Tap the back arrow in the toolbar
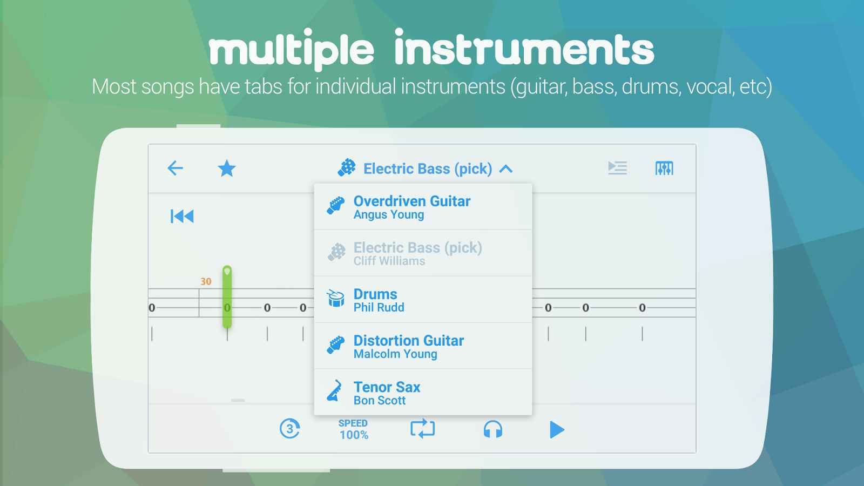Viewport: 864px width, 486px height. pyautogui.click(x=175, y=168)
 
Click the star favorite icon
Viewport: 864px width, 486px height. pyautogui.click(x=227, y=168)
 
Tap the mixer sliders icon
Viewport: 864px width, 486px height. pyautogui.click(x=664, y=168)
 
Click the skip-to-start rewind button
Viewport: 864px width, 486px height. pyautogui.click(x=182, y=216)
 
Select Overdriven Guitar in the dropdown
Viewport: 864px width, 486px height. pyautogui.click(x=412, y=201)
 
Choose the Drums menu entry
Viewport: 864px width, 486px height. pyautogui.click(x=375, y=294)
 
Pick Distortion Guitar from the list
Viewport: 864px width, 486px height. pyautogui.click(x=408, y=341)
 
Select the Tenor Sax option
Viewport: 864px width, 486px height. pyautogui.click(x=387, y=387)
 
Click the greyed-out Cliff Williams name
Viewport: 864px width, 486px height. pyautogui.click(x=389, y=261)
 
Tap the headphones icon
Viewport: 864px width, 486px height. pyautogui.click(x=493, y=429)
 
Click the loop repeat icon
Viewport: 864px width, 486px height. pyautogui.click(x=422, y=429)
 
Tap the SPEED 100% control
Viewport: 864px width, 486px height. pyautogui.click(x=353, y=429)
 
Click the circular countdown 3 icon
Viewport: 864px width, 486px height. pyautogui.click(x=289, y=429)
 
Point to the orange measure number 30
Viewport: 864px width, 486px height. pyautogui.click(x=206, y=281)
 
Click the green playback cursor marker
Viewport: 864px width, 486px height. pyautogui.click(x=227, y=297)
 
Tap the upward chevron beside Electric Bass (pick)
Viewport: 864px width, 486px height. pyautogui.click(x=506, y=169)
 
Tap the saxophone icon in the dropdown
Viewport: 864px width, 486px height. pyautogui.click(x=335, y=391)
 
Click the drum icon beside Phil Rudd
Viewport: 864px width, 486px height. pyautogui.click(x=335, y=298)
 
